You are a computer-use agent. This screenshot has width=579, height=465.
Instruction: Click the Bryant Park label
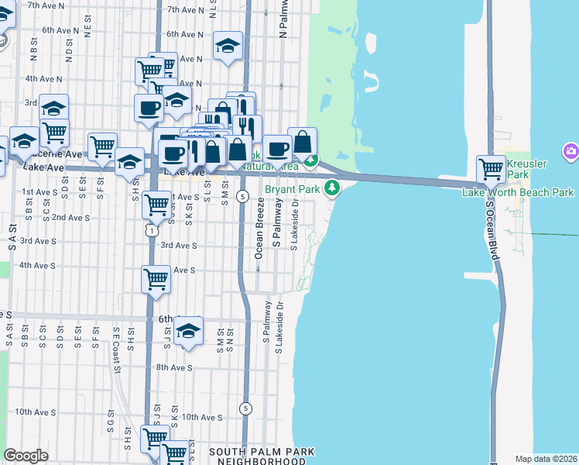[x=293, y=188]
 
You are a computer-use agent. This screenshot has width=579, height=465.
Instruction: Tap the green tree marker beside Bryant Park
[x=333, y=188]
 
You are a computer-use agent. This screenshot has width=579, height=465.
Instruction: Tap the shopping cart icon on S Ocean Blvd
[x=492, y=167]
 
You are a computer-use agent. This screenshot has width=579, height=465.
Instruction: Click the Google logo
[x=26, y=456]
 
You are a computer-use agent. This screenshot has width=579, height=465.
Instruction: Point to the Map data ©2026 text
[x=546, y=459]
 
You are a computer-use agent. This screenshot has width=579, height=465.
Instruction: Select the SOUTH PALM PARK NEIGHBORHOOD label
[x=262, y=456]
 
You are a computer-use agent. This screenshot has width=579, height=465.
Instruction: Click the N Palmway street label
[x=283, y=23]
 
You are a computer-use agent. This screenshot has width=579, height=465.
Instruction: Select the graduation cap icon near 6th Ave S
[x=188, y=331]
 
